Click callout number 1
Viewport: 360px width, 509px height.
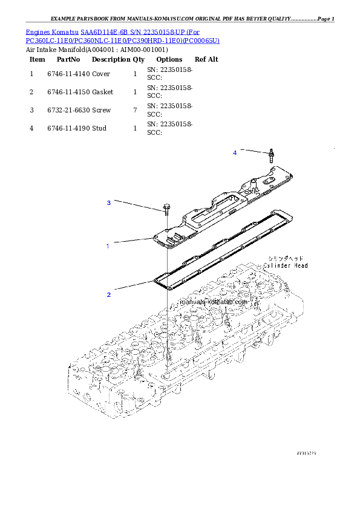tap(108, 247)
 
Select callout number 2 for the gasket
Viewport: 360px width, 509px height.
tap(109, 295)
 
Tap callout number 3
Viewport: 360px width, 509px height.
tap(109, 203)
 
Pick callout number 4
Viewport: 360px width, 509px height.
tap(235, 153)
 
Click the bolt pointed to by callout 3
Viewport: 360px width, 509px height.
tap(165, 209)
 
